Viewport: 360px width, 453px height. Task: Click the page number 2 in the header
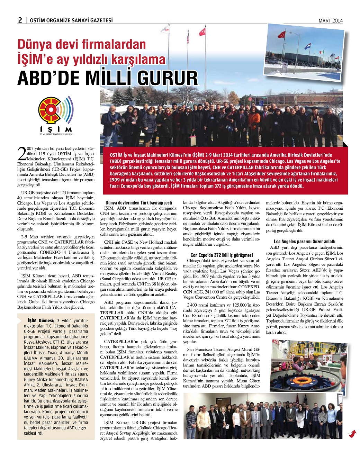point(20,20)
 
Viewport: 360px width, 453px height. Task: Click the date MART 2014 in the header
point(330,20)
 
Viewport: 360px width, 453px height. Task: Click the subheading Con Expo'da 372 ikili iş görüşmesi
point(222,255)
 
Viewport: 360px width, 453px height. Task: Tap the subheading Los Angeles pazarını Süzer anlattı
point(305,242)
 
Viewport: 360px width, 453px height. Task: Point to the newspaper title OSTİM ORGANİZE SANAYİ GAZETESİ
point(71,20)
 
